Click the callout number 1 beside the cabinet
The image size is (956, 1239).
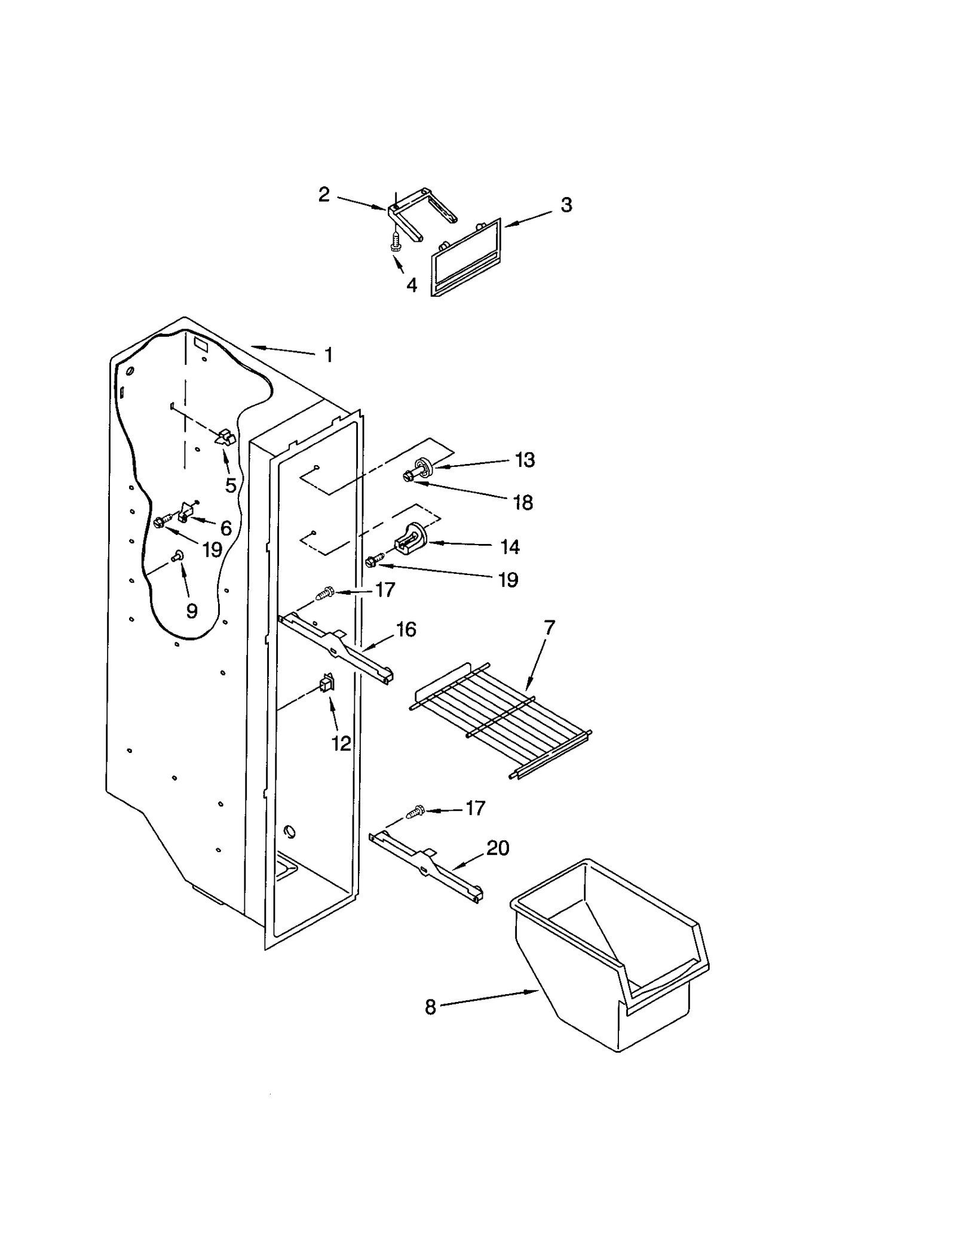328,355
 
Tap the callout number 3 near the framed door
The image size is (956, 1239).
566,205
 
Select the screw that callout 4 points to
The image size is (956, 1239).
395,240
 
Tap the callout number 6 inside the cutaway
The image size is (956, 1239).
226,528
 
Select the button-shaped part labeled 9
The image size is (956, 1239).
177,557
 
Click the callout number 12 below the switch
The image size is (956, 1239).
341,743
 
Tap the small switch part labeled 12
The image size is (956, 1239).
327,682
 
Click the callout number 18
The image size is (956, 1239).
523,503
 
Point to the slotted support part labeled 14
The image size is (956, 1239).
410,537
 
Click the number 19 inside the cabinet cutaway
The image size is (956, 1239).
212,549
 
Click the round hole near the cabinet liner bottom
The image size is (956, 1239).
289,831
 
